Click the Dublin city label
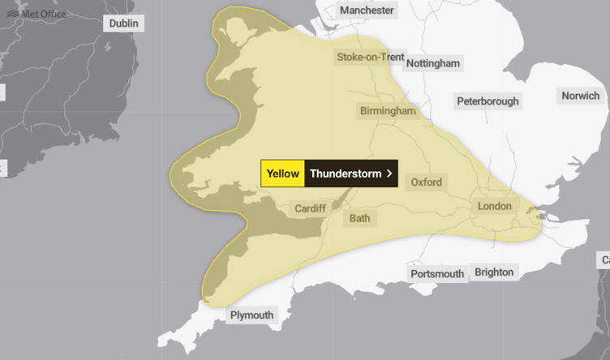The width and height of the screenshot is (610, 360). point(124,24)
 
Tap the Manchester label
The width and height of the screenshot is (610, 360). point(367,11)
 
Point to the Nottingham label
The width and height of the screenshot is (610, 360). point(432,63)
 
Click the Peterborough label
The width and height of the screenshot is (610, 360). point(487,101)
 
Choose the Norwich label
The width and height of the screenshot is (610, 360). point(580,96)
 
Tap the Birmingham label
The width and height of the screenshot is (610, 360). point(388,111)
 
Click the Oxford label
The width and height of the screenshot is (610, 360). point(426,182)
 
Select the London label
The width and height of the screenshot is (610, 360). point(494,206)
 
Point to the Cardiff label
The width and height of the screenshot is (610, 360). point(310,208)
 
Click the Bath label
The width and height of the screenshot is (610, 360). point(359,219)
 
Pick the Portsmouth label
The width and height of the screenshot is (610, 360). point(437,274)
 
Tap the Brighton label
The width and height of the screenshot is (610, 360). point(494,272)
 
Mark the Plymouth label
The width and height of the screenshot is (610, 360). point(251,315)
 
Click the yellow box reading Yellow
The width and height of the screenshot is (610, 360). point(282,174)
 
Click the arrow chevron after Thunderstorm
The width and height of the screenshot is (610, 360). point(390,174)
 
